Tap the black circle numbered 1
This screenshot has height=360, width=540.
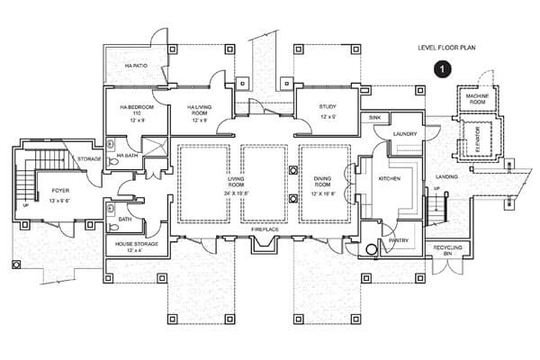click(441, 67)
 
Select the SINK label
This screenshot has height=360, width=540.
click(373, 118)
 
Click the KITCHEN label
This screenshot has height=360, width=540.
click(389, 179)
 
